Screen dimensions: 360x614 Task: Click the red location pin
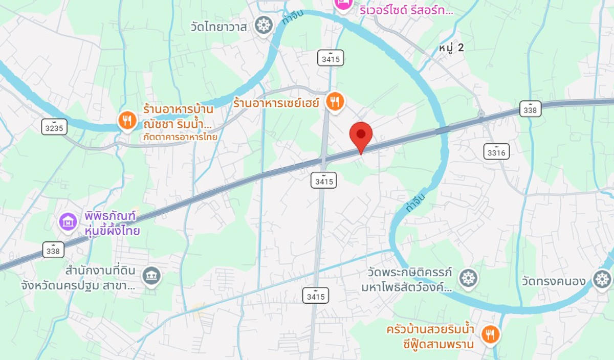[361, 135]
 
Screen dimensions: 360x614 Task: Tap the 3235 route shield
[54, 128]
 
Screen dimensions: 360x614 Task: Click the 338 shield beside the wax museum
[53, 250]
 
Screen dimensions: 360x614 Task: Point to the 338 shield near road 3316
[530, 109]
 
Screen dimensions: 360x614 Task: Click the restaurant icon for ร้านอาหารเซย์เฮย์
[335, 102]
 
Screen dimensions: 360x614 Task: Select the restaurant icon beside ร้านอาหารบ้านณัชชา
[127, 121]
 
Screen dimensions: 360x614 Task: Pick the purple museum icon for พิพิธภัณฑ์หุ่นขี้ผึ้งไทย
[68, 222]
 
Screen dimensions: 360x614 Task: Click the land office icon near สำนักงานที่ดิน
[151, 276]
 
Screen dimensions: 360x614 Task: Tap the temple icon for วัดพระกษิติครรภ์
[468, 278]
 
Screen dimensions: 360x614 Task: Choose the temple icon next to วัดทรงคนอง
[602, 279]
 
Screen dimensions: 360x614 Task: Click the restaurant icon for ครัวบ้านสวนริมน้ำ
[491, 334]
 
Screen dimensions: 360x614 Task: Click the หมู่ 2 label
[451, 48]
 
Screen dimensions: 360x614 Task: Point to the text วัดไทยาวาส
[217, 26]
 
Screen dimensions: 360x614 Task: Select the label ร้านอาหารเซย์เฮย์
[276, 102]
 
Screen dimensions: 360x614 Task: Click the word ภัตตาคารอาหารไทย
[180, 137]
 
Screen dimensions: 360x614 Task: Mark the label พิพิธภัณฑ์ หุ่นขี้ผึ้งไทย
[113, 223]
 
